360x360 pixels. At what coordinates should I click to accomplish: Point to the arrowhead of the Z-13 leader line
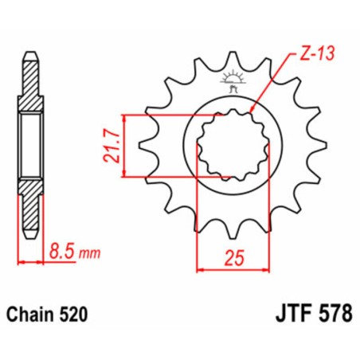tap(253, 113)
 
